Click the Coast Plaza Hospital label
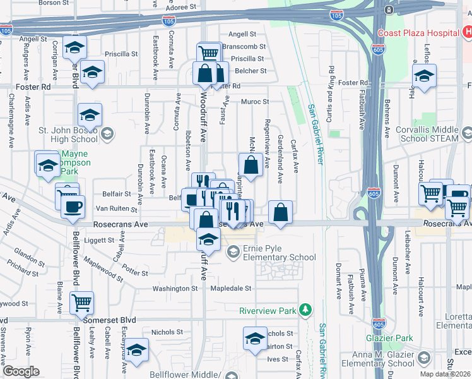click(x=417, y=33)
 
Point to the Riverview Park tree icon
click(x=305, y=310)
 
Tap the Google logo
click(x=21, y=371)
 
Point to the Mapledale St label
click(x=231, y=288)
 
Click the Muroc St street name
click(x=254, y=101)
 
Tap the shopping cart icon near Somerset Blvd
click(x=81, y=303)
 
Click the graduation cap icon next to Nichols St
click(x=255, y=339)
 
